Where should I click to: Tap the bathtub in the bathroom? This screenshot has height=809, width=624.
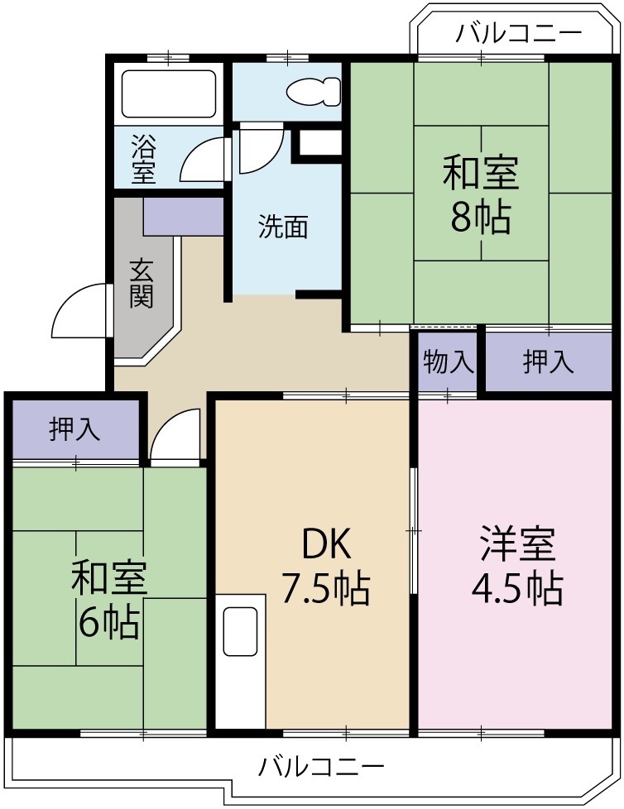click(169, 93)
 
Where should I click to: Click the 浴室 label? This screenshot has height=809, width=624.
click(143, 160)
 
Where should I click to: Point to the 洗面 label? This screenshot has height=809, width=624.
click(283, 227)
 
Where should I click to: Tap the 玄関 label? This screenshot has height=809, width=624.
click(142, 283)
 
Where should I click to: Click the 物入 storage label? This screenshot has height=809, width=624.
click(449, 361)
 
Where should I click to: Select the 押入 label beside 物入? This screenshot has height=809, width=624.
click(548, 361)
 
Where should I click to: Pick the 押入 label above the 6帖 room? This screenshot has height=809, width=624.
click(74, 428)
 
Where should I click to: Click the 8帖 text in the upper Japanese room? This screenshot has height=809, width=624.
click(480, 217)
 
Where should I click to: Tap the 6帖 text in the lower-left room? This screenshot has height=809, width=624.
click(108, 624)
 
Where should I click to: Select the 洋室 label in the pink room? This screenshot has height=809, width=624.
click(517, 545)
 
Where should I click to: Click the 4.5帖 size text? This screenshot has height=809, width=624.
click(517, 588)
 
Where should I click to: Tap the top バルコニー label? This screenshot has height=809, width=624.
click(519, 34)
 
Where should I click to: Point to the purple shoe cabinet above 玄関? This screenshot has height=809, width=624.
click(183, 216)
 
